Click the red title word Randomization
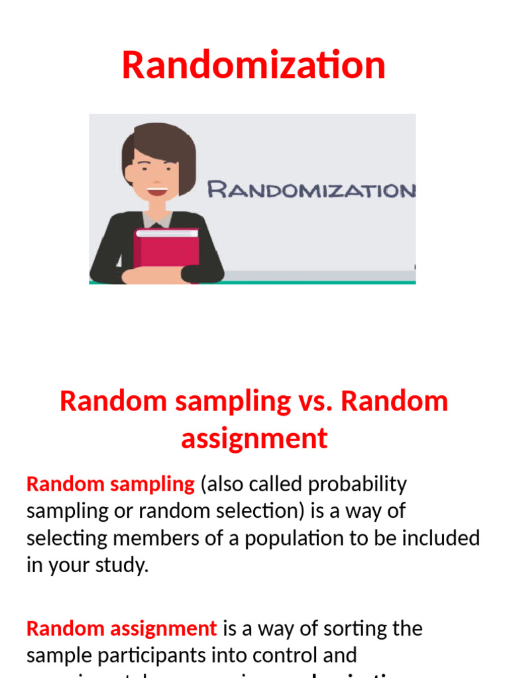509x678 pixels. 254,66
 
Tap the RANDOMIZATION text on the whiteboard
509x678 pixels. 311,191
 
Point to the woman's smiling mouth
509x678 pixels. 157,191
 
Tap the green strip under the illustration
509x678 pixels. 253,282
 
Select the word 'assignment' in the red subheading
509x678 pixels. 254,438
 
